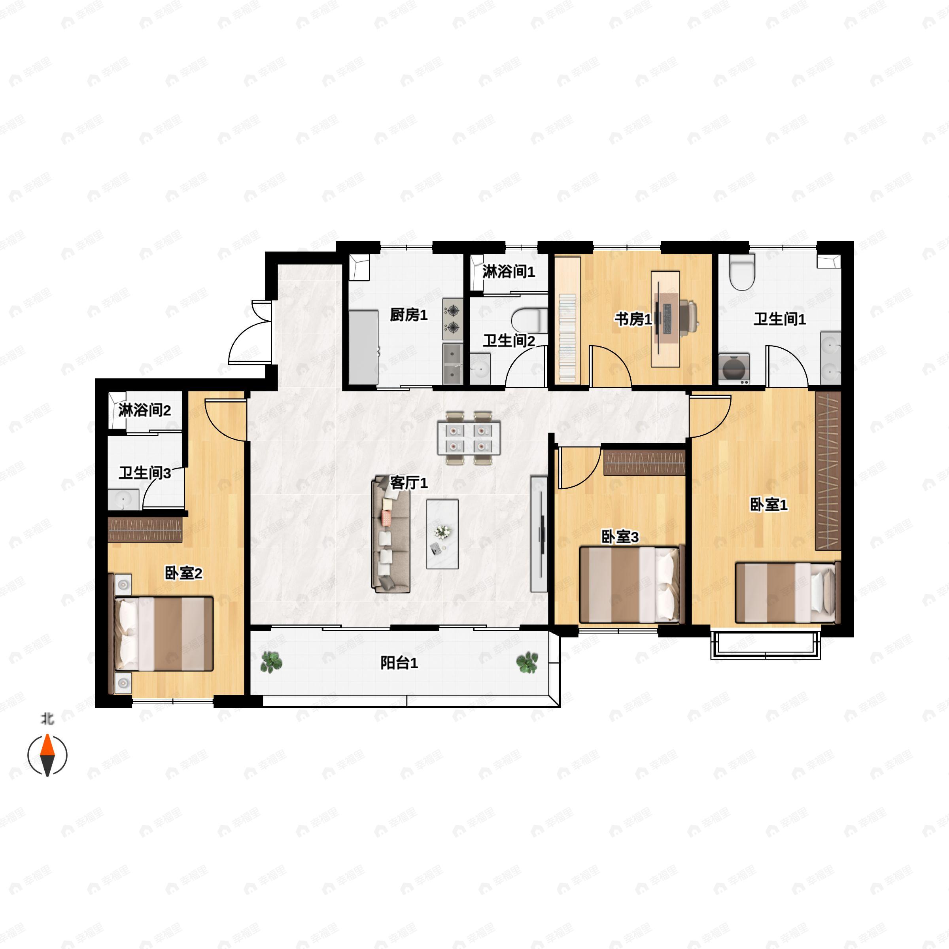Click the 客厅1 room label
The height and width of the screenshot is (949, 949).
(x=409, y=483)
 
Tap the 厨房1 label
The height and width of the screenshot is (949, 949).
(x=409, y=315)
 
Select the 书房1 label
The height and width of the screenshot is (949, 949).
(x=633, y=319)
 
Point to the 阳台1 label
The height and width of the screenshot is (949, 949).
(x=399, y=663)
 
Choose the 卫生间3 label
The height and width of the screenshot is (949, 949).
(x=145, y=473)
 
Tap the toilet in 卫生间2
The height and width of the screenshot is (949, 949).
(x=529, y=320)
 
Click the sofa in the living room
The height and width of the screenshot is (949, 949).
(x=391, y=533)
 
